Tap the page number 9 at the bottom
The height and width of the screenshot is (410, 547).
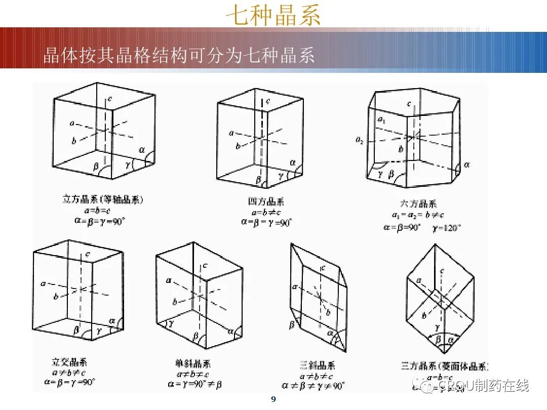[273, 400]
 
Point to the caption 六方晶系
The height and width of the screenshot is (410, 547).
[418, 204]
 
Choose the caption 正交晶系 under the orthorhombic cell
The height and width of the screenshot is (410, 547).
[69, 362]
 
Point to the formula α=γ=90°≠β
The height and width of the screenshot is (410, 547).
[194, 384]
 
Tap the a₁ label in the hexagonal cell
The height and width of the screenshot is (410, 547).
[381, 119]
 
